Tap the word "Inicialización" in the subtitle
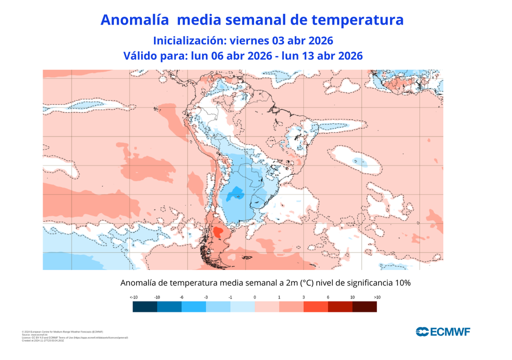186,40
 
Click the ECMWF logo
443,331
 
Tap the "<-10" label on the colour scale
133,297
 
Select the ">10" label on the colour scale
376,297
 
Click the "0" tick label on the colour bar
254,297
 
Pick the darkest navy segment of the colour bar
145,306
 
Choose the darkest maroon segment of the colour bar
364,306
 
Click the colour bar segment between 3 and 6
315,306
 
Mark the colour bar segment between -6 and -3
193,306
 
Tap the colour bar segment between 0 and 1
266,306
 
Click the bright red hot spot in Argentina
218,232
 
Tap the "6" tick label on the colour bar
328,297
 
